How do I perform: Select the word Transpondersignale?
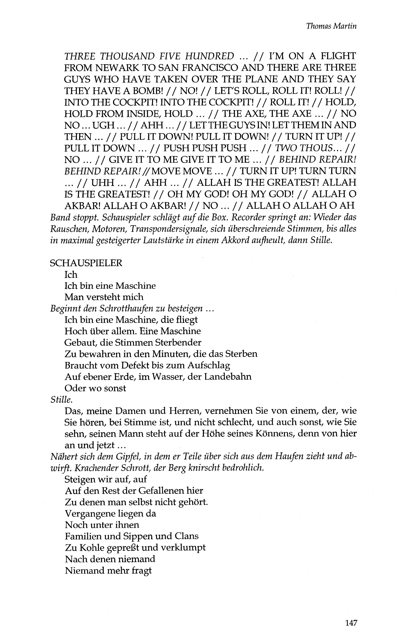[186, 229]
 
